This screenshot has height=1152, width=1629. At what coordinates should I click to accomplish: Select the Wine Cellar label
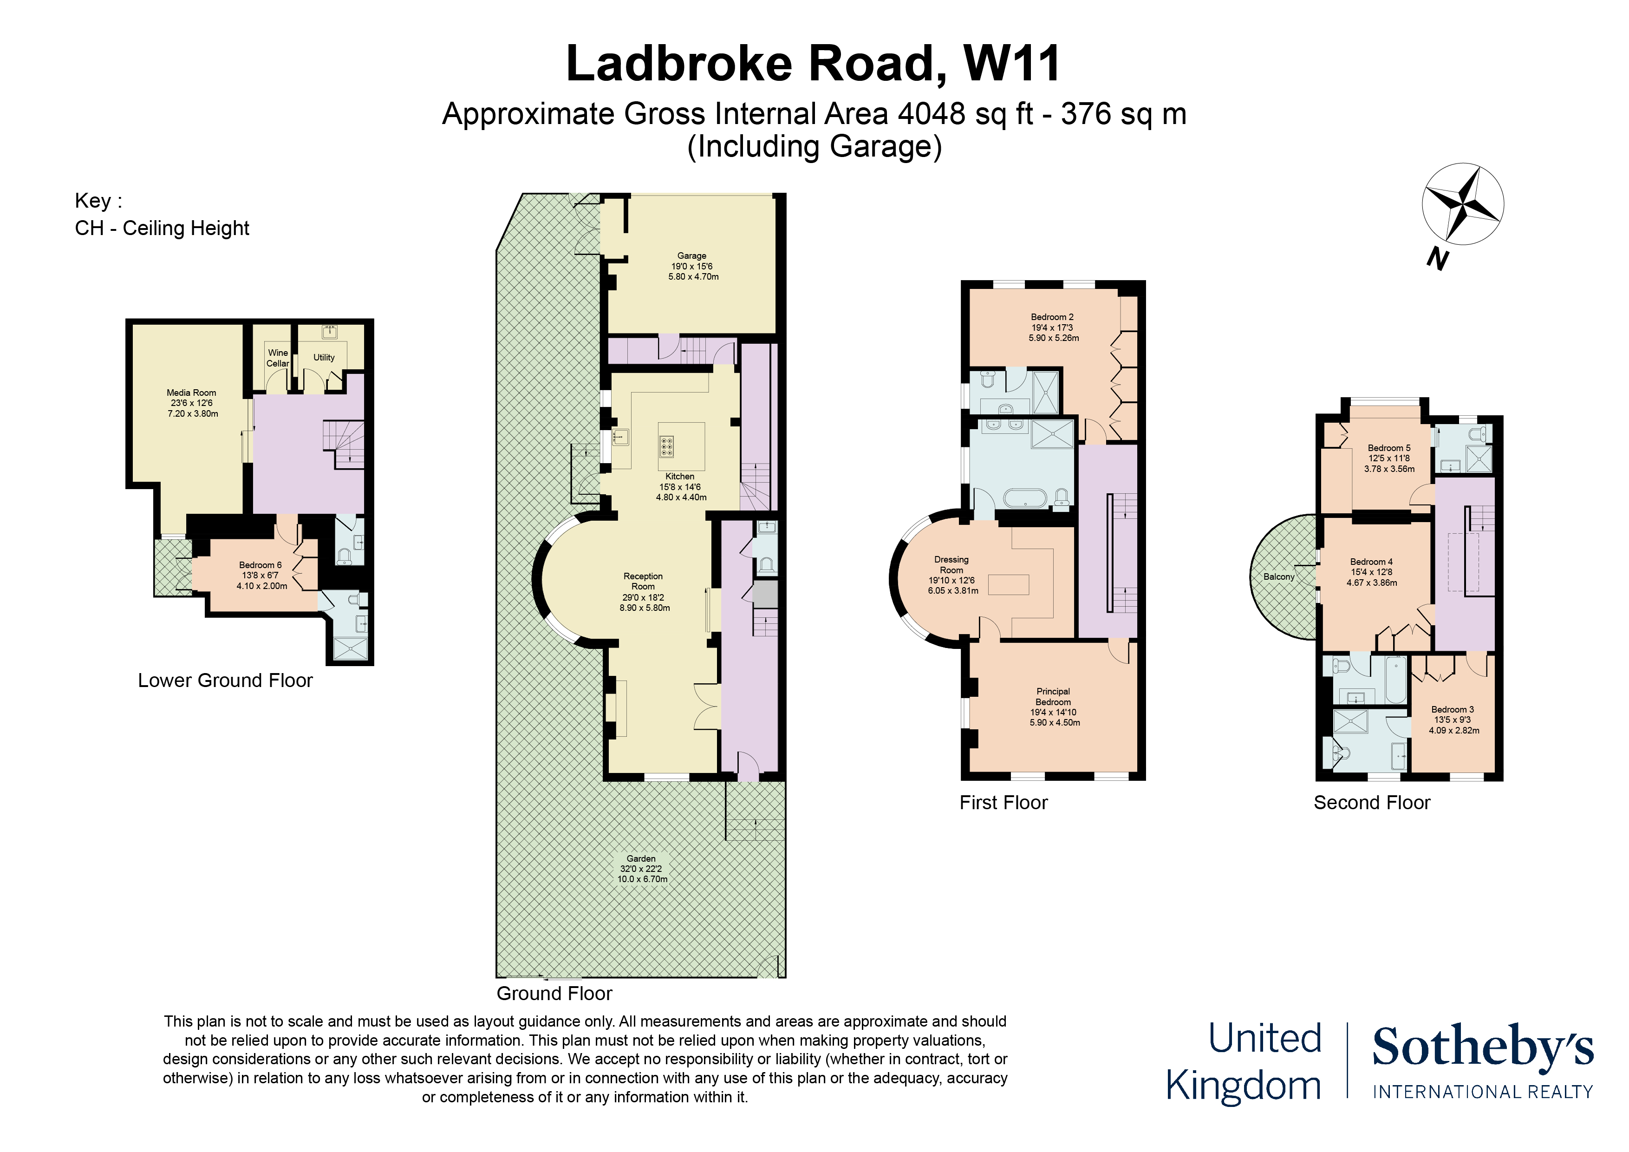(x=277, y=358)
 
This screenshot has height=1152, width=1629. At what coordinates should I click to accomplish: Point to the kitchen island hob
(x=666, y=446)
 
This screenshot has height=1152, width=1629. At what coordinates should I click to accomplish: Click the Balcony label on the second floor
(x=1278, y=576)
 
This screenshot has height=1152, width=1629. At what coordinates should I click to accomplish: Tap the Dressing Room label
(x=951, y=564)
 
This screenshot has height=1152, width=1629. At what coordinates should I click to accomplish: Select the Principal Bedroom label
(x=1053, y=696)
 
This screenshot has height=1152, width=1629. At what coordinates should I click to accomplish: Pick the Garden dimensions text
(x=641, y=874)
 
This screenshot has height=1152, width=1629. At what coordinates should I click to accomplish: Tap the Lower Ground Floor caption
(x=225, y=680)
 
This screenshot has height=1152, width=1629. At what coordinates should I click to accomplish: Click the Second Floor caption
(x=1371, y=802)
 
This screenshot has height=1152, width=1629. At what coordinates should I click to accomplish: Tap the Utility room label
(x=324, y=357)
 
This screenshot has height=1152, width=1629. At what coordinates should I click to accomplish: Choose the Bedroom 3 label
(x=1452, y=709)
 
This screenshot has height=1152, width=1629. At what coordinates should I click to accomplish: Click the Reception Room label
(x=643, y=581)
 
